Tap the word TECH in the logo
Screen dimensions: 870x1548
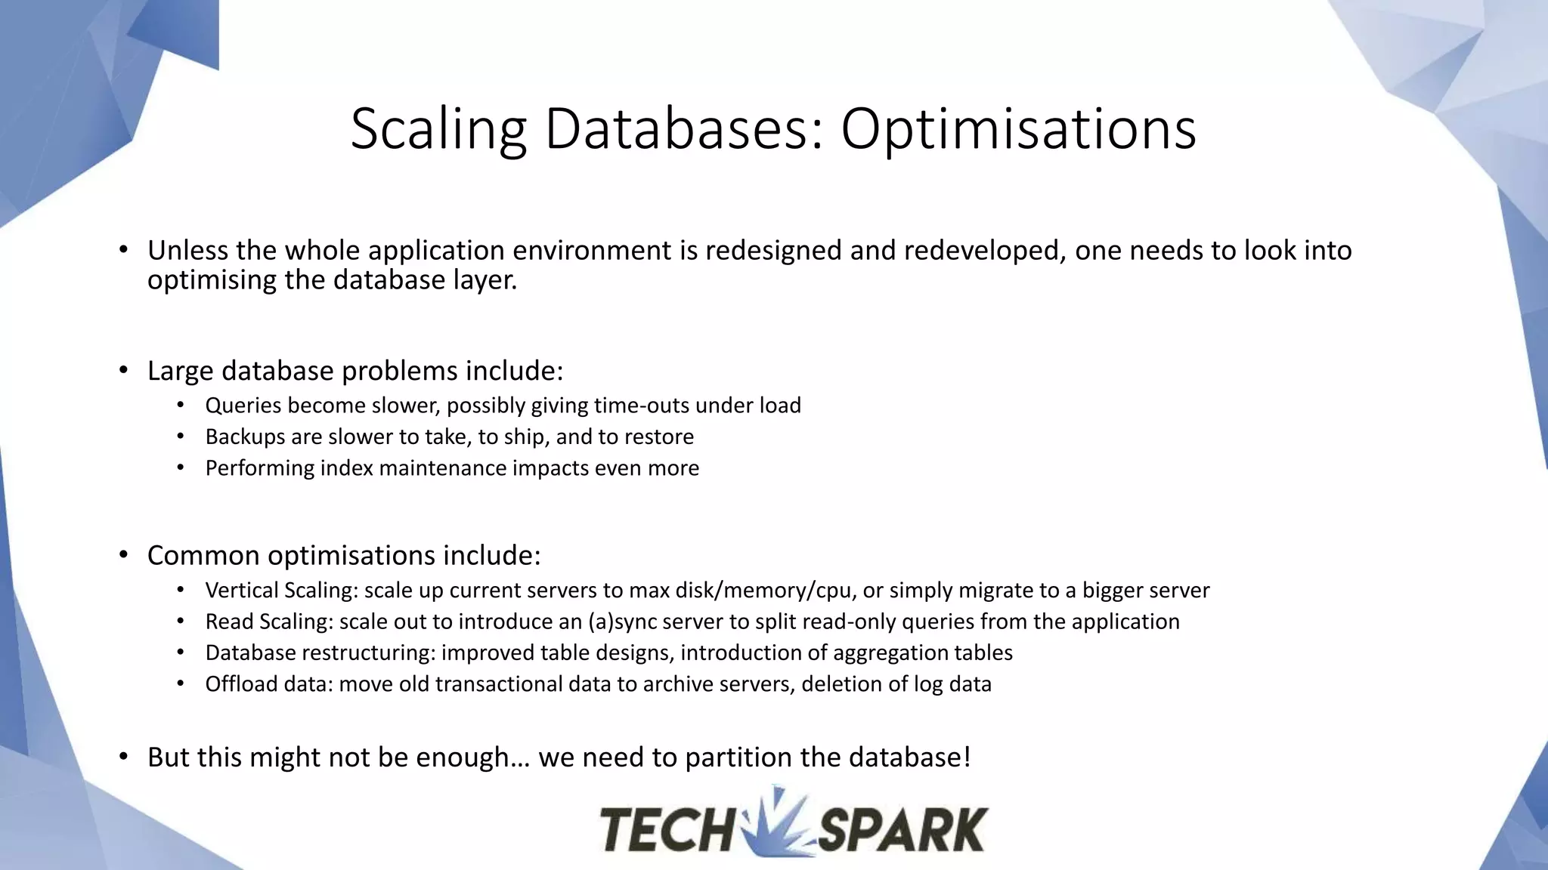pos(665,829)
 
